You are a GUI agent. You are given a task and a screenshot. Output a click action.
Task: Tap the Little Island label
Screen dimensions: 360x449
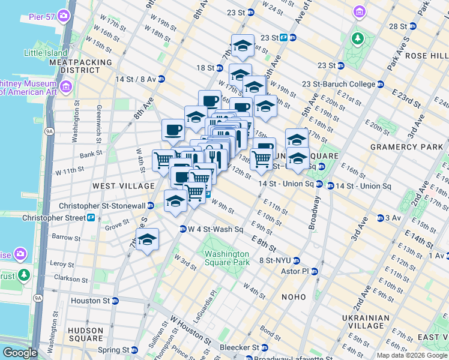tap(46, 53)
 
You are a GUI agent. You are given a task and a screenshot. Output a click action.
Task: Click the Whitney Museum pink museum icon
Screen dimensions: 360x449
tap(65, 88)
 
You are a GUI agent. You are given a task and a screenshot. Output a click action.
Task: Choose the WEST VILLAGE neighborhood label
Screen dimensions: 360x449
tap(115, 187)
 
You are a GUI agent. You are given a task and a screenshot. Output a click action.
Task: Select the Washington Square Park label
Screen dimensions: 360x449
tap(226, 258)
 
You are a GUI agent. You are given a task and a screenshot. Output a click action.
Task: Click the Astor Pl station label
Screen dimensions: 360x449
tap(294, 271)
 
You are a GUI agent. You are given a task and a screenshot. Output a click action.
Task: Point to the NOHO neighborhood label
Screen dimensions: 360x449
tap(294, 297)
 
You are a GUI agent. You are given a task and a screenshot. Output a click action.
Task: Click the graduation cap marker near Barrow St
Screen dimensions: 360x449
tap(147, 240)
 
